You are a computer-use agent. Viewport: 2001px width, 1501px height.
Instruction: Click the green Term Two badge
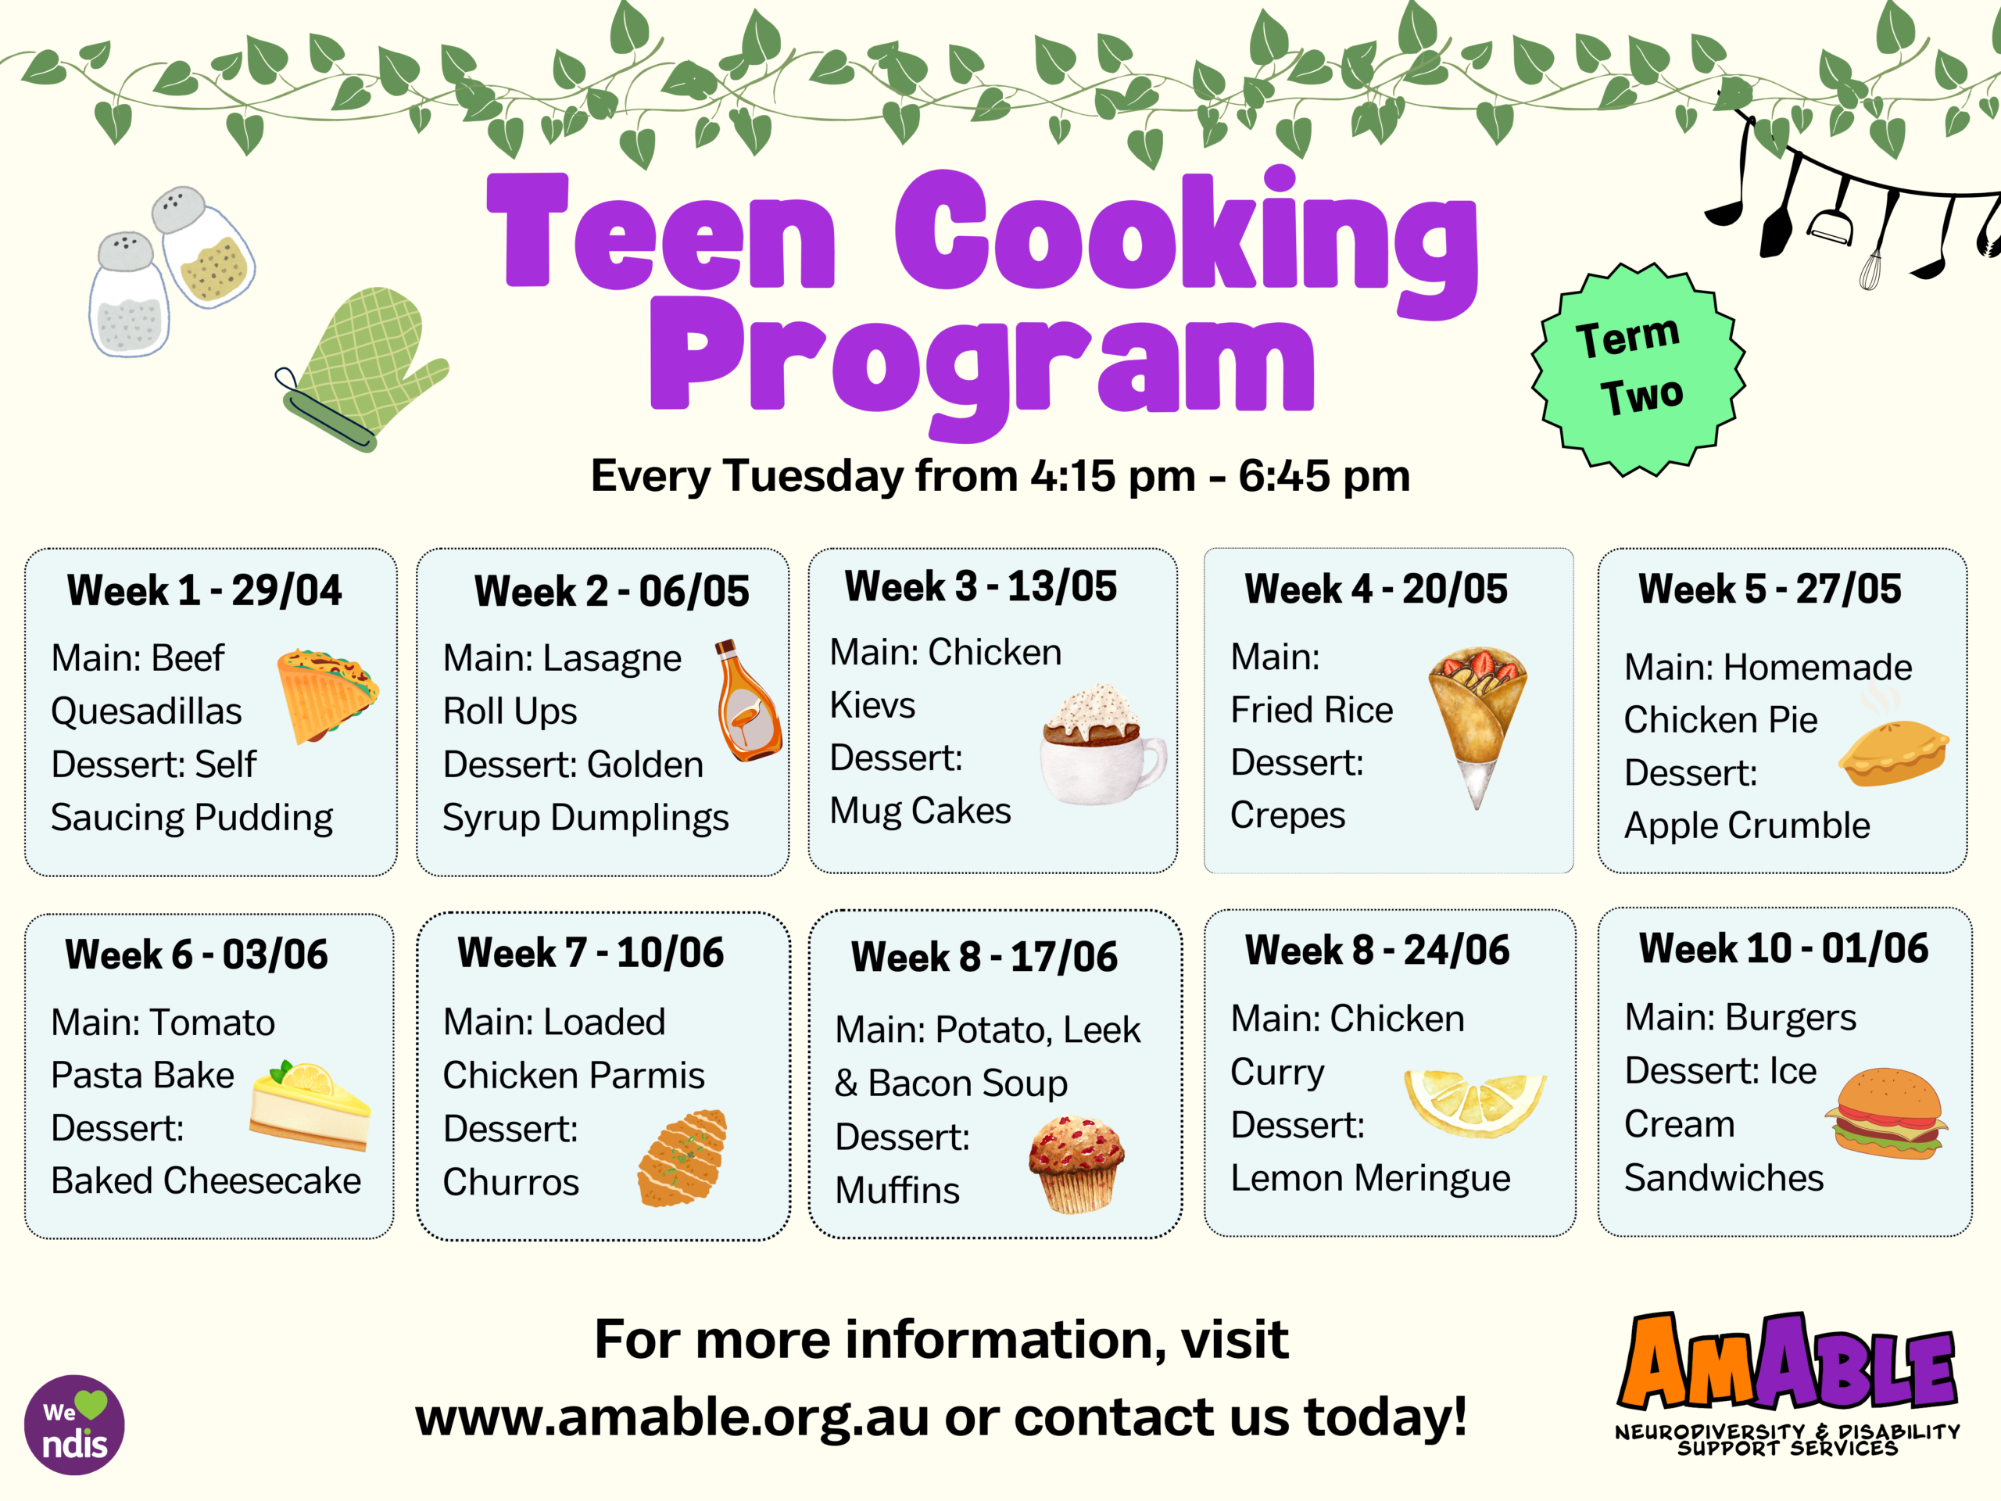(1638, 369)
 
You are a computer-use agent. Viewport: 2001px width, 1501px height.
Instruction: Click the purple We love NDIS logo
(74, 1425)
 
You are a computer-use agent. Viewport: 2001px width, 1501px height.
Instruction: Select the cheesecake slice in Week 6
(310, 1105)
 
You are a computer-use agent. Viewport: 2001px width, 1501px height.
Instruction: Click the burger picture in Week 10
(1886, 1114)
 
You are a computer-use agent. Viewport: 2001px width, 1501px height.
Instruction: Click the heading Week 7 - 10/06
(591, 953)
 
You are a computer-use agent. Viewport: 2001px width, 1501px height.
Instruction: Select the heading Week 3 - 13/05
(981, 586)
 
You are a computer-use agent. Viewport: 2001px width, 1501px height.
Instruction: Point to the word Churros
(511, 1181)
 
